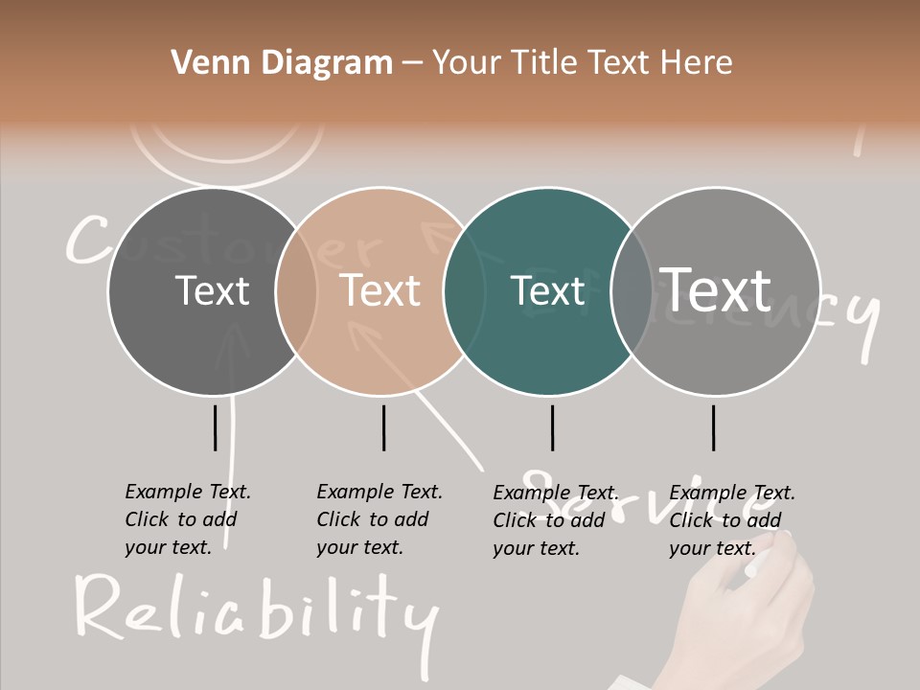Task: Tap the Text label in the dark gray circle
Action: click(212, 290)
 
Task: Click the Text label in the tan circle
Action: click(380, 290)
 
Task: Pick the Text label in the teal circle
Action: click(547, 290)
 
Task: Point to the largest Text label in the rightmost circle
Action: click(716, 289)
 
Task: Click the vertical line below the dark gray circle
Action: click(216, 427)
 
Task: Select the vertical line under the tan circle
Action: click(383, 427)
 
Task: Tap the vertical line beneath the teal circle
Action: click(552, 427)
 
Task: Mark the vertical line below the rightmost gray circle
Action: click(713, 427)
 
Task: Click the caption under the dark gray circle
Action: click(187, 519)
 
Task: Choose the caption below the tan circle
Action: click(379, 519)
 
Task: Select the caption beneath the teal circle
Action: click(555, 520)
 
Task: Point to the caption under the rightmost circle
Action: click(731, 520)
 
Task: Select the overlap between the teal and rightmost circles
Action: click(632, 290)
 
